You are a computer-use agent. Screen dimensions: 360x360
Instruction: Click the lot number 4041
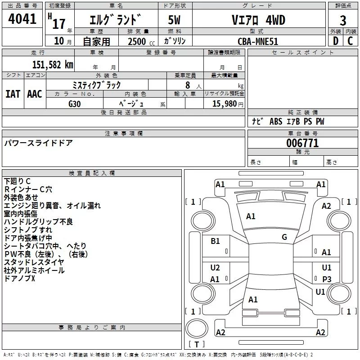(x=22, y=20)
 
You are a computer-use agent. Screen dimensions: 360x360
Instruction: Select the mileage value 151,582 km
(x=52, y=64)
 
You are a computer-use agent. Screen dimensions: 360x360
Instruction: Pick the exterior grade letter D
(x=335, y=41)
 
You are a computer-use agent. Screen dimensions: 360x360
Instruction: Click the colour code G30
(x=75, y=103)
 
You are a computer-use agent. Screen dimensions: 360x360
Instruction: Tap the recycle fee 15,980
(x=224, y=103)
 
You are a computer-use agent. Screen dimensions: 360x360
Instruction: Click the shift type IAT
(x=13, y=94)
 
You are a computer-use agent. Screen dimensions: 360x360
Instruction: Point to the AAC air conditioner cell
(x=35, y=94)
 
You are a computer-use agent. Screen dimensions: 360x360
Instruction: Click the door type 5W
(x=174, y=20)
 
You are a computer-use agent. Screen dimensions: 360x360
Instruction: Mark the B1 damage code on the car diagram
(x=216, y=241)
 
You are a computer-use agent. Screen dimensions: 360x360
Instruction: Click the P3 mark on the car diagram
(x=327, y=279)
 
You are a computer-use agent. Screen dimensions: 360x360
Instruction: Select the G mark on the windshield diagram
(x=284, y=237)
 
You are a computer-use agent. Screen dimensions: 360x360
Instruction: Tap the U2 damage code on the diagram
(x=215, y=268)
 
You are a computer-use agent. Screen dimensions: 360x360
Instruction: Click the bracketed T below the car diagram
(x=196, y=345)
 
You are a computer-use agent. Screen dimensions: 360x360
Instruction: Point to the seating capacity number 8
(x=187, y=85)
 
